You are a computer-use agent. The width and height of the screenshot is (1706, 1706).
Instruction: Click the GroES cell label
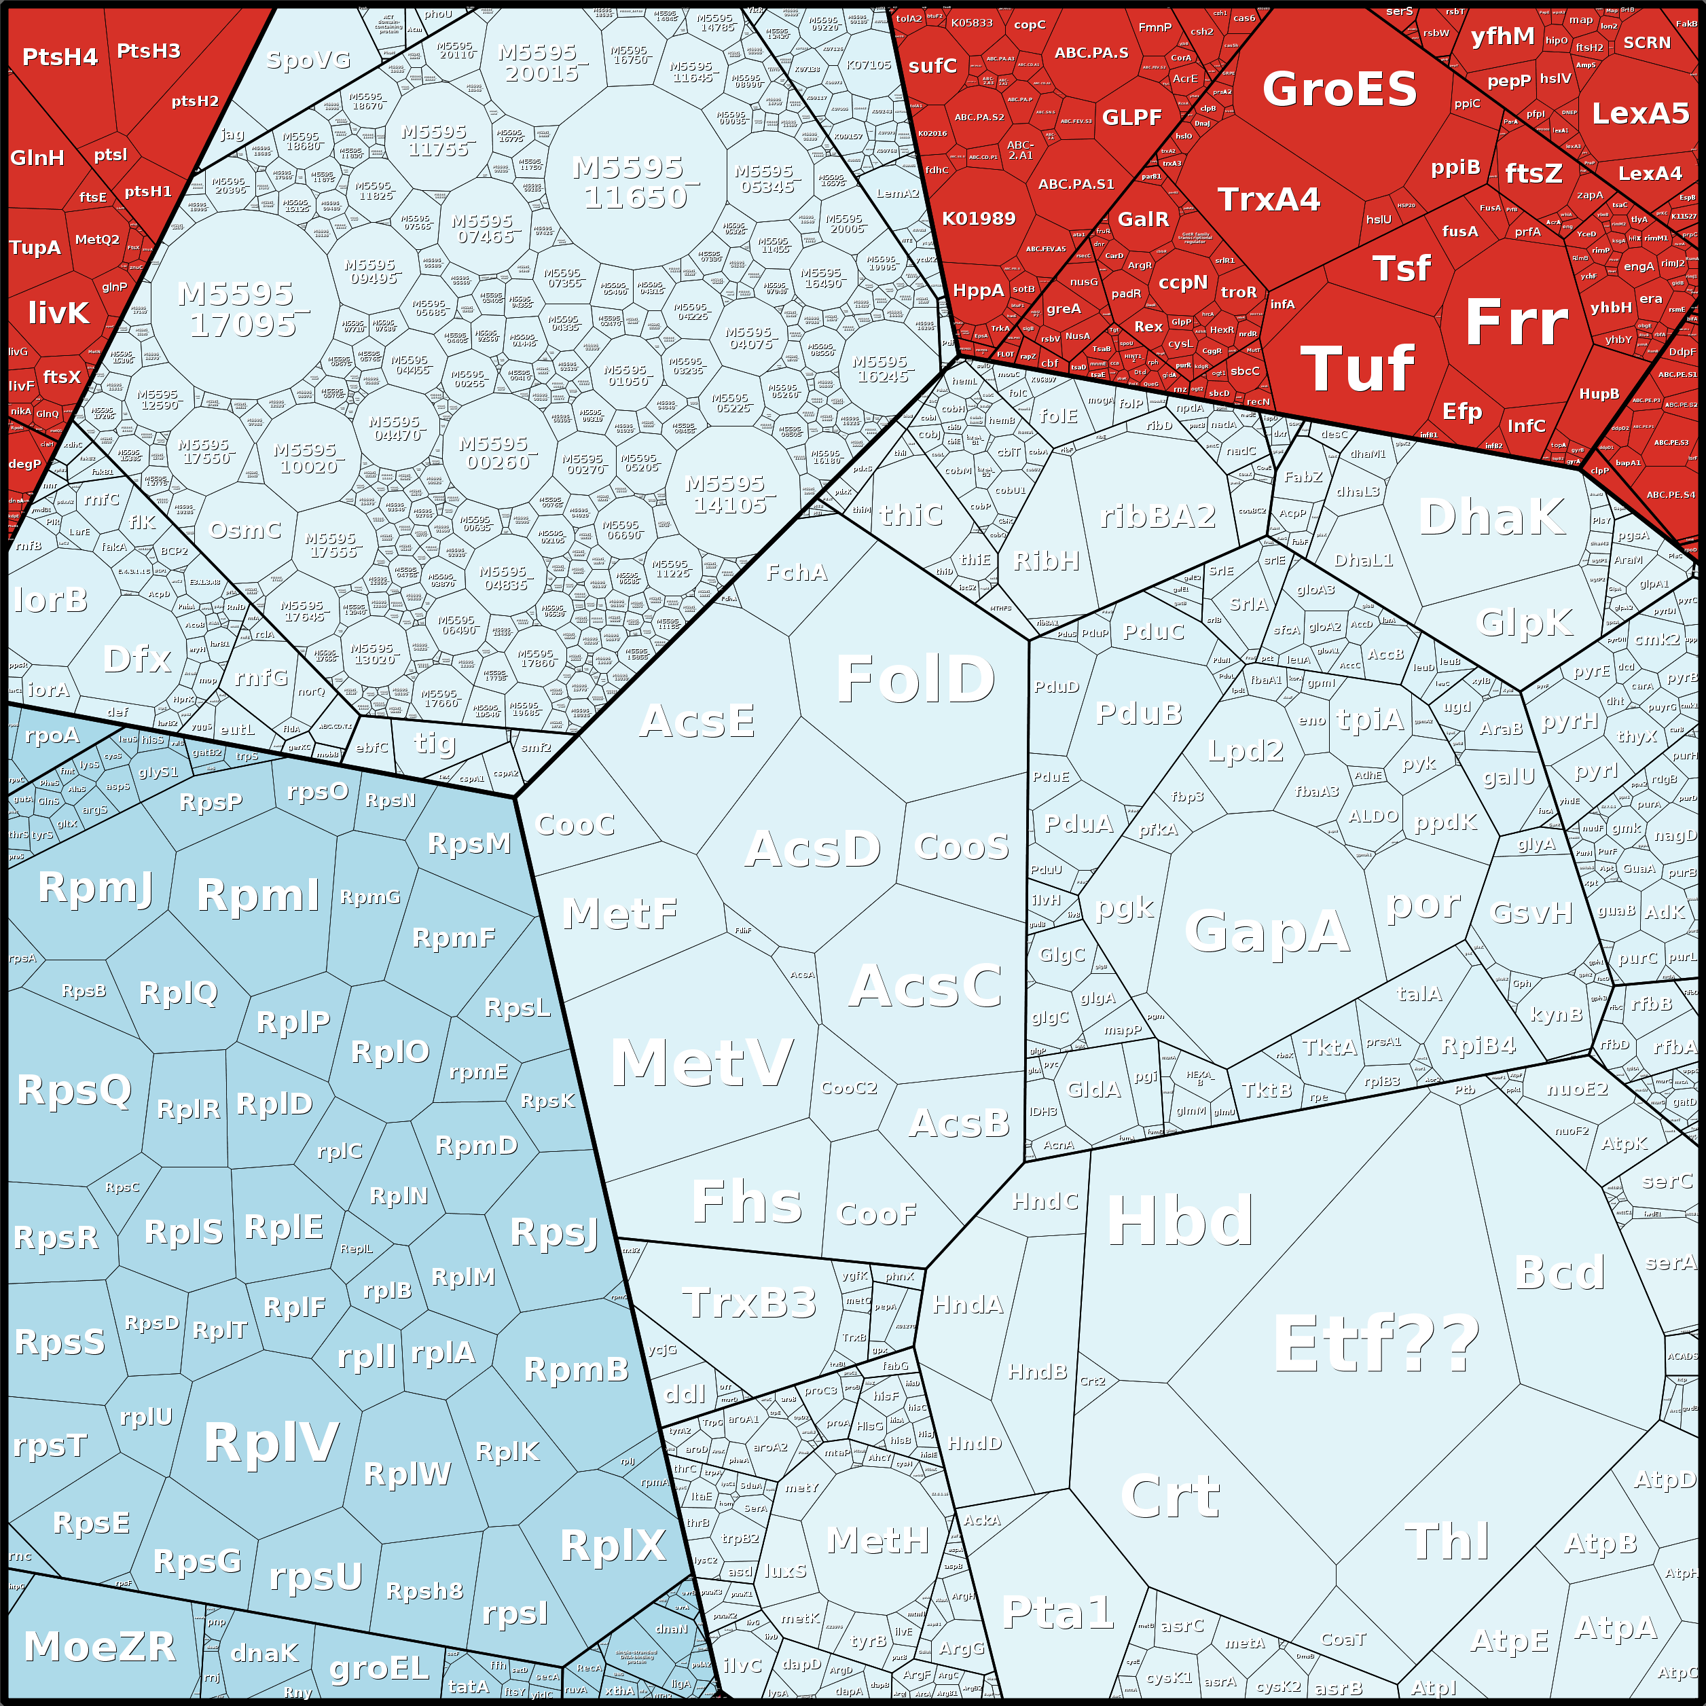(x=1339, y=89)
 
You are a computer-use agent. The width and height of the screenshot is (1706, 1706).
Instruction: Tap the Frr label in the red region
(x=1515, y=323)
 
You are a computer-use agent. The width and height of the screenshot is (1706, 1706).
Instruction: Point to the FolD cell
(x=915, y=679)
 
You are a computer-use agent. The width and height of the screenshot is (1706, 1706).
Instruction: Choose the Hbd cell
(x=1180, y=1221)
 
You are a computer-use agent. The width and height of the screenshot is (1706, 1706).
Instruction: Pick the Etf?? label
(x=1375, y=1343)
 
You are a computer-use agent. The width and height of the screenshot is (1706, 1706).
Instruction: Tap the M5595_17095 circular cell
(x=244, y=309)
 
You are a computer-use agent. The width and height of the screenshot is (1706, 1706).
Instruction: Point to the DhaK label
(x=1491, y=517)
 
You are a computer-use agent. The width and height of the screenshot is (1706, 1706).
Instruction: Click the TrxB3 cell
(x=749, y=1303)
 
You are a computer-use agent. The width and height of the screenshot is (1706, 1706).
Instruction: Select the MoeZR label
(x=100, y=1646)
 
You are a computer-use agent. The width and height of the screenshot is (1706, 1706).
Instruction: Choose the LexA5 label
(x=1639, y=113)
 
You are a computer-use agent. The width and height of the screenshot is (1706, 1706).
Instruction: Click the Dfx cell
(x=137, y=659)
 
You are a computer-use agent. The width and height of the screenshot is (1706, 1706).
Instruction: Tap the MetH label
(x=877, y=1540)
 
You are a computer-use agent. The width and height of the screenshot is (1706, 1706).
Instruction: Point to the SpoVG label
(x=308, y=60)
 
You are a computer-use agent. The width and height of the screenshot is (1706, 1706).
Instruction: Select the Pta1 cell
(x=1057, y=1612)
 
